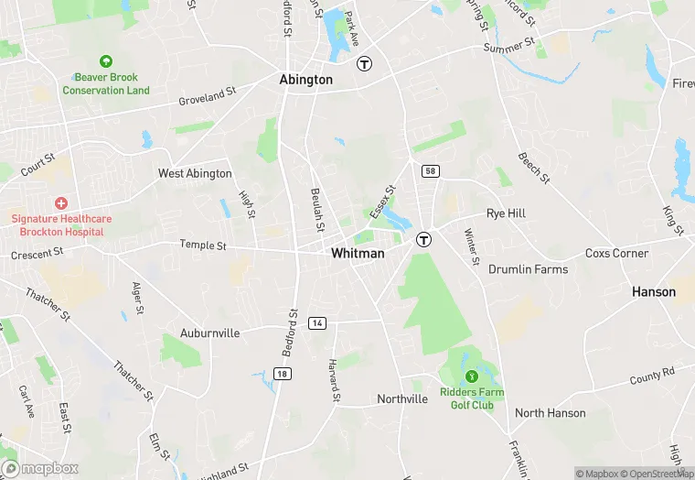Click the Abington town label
click(305, 80)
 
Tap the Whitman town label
click(358, 253)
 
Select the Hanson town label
click(654, 292)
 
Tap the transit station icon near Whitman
click(424, 240)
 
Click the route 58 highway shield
click(429, 171)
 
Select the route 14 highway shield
click(317, 323)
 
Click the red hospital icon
click(61, 202)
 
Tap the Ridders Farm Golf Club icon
click(472, 376)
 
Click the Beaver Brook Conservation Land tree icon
click(106, 61)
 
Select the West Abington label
click(195, 173)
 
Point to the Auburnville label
click(209, 333)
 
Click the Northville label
click(402, 399)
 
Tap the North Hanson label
click(550, 413)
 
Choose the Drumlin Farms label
click(528, 269)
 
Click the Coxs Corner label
click(616, 253)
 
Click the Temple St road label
click(202, 245)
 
